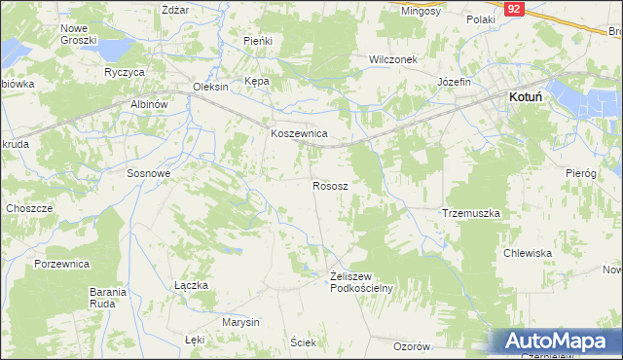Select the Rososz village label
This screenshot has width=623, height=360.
click(331, 185)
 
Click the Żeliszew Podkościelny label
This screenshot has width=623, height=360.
click(360, 281)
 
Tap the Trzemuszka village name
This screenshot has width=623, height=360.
click(471, 213)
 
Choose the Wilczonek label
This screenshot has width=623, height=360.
click(392, 59)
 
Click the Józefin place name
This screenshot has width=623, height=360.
click(454, 82)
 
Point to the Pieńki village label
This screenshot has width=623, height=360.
click(257, 42)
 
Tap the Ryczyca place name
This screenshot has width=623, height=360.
click(125, 73)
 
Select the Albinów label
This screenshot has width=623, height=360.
click(149, 104)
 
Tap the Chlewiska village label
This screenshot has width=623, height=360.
click(528, 253)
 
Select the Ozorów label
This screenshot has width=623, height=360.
click(411, 346)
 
